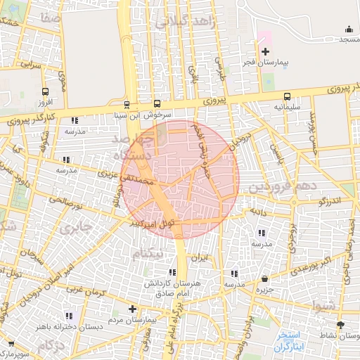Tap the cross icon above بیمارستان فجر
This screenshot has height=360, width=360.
point(264,52)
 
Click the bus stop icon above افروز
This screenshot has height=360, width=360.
point(46,91)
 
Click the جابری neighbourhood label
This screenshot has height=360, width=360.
point(77,228)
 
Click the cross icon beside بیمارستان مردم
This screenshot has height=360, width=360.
point(132,309)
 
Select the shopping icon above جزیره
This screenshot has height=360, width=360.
point(264,278)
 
